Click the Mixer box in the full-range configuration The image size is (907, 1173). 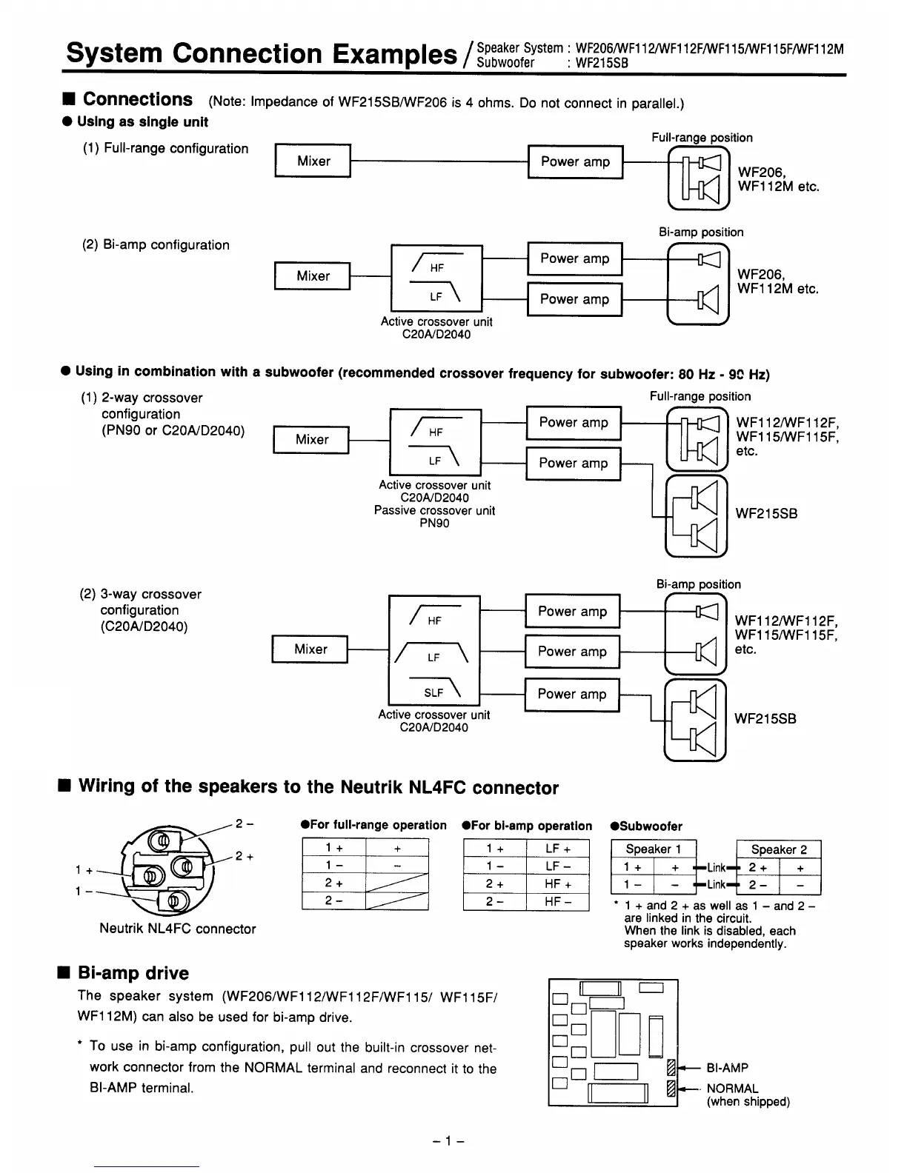click(313, 161)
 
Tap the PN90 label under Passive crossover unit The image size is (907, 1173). click(434, 523)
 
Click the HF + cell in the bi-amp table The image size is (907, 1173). click(557, 883)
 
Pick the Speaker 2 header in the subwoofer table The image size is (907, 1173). click(778, 849)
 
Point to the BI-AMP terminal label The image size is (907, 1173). click(727, 1068)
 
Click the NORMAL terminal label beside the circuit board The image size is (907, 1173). click(732, 1089)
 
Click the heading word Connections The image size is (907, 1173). click(138, 99)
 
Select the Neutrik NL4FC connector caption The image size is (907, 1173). click(177, 929)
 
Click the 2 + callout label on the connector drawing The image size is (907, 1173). click(245, 856)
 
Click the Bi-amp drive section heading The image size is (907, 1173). click(133, 973)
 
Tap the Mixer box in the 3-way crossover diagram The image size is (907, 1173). click(310, 649)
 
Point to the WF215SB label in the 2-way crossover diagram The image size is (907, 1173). click(766, 513)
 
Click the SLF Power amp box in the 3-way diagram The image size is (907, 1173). click(571, 694)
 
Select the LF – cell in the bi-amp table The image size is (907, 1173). click(557, 866)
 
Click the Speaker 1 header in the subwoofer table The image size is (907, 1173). click(652, 849)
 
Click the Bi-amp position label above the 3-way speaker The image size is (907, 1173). click(698, 584)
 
